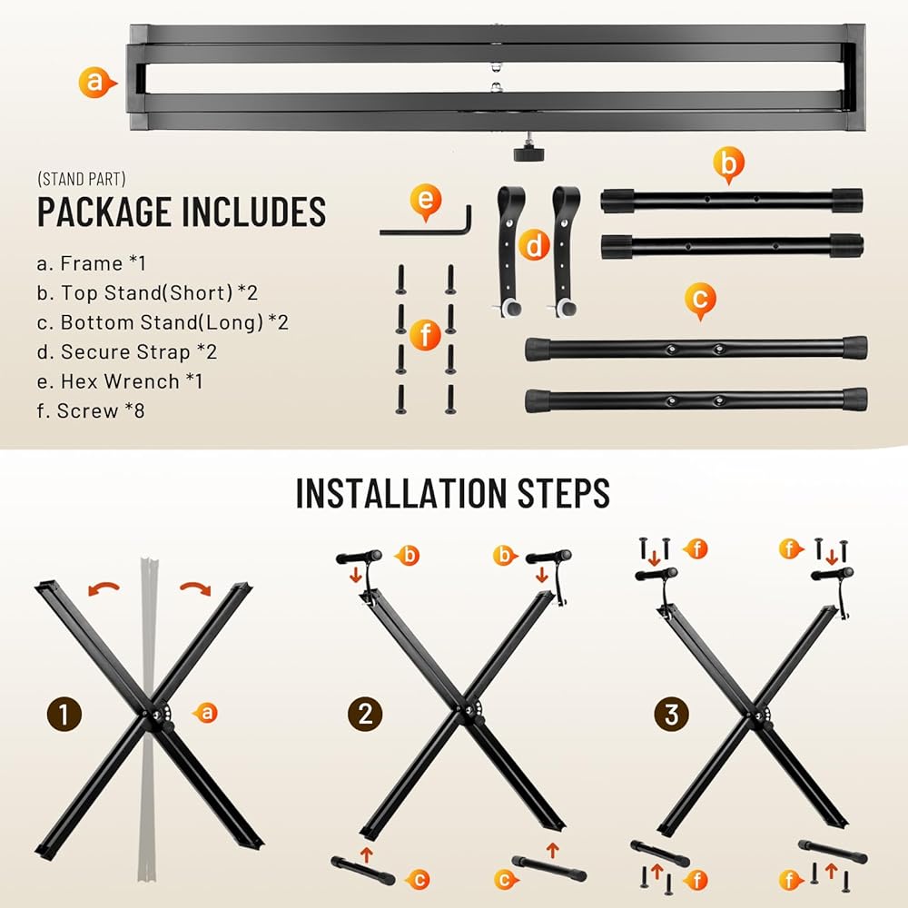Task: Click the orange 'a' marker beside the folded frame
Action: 95,83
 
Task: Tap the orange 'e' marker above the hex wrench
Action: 426,201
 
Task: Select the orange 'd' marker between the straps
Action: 533,245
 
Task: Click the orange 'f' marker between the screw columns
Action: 425,335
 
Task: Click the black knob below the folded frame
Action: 528,152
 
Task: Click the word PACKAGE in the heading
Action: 104,212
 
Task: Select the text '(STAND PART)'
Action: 82,179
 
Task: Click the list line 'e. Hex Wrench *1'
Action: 120,381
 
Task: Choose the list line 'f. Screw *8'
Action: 90,410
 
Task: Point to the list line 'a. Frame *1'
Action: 92,263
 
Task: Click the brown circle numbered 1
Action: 64,714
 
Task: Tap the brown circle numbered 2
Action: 365,714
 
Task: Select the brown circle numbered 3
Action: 671,714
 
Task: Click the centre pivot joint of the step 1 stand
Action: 157,716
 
